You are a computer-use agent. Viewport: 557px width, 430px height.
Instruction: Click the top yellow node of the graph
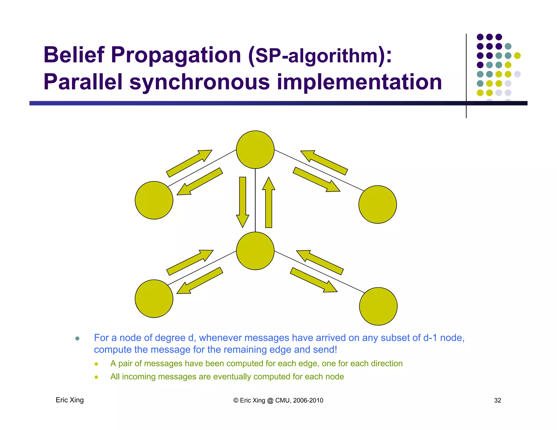[255, 150]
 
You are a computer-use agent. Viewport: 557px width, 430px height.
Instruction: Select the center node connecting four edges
[255, 251]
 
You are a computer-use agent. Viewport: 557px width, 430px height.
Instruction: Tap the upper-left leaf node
[154, 200]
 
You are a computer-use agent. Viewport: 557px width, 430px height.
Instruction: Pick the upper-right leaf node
[377, 204]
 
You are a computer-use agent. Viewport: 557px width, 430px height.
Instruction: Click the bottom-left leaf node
[154, 298]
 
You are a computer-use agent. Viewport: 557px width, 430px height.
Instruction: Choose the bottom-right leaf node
[378, 306]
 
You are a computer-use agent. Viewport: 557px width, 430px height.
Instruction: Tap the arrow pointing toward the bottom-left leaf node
[200, 281]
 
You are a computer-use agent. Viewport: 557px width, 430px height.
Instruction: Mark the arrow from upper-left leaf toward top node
[189, 163]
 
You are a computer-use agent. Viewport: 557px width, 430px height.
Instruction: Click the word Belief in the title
[74, 55]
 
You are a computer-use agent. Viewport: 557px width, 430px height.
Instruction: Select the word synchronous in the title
[199, 82]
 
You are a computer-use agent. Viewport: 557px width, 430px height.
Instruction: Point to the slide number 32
[497, 400]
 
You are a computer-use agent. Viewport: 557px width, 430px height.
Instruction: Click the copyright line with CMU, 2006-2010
[278, 400]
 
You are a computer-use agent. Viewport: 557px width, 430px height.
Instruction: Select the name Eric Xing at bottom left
[70, 400]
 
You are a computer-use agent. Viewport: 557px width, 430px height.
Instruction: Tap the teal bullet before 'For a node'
[77, 338]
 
